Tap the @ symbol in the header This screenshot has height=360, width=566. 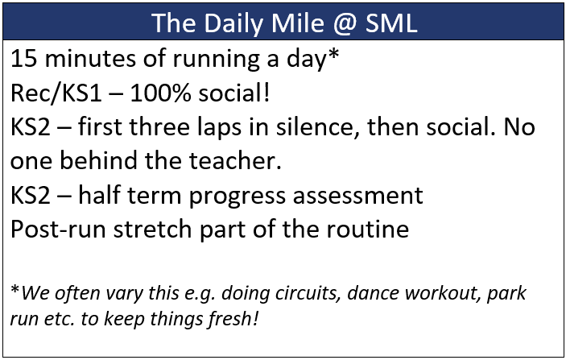tap(345, 23)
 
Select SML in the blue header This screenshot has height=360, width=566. tap(391, 23)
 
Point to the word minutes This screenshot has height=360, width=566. tap(91, 59)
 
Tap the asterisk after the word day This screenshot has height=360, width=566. tap(334, 54)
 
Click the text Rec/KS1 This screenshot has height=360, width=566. tap(56, 93)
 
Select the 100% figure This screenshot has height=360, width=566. tap(160, 93)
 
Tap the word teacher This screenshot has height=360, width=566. tap(235, 160)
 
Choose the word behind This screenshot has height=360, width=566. tap(98, 160)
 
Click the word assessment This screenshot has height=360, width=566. tap(357, 196)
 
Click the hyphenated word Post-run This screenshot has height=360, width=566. tap(58, 229)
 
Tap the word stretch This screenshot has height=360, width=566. tap(152, 228)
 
